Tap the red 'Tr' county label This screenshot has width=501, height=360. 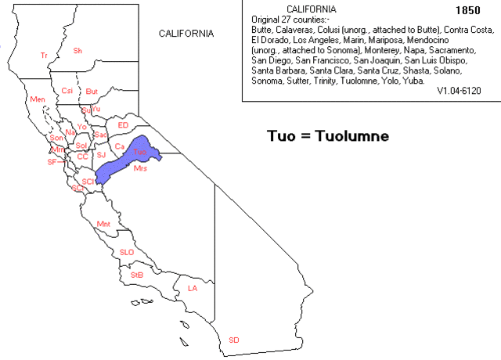click(44, 56)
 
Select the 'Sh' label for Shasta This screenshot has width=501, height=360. click(77, 51)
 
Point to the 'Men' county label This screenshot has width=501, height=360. click(37, 100)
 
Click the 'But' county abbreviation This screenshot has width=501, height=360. click(92, 91)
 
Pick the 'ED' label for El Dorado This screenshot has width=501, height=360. click(122, 125)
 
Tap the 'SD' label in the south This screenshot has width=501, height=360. click(233, 340)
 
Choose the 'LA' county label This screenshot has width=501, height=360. click(193, 288)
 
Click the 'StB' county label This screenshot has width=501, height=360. click(136, 275)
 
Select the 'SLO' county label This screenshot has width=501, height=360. click(126, 252)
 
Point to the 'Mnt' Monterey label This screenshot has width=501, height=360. click(103, 225)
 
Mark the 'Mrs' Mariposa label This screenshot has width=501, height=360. click(140, 168)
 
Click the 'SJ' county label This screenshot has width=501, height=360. click(101, 155)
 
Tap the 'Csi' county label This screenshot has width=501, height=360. click(67, 91)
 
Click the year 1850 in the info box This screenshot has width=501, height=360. click(467, 11)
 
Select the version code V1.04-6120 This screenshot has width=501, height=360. click(459, 91)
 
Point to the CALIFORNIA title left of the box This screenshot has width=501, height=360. click(186, 34)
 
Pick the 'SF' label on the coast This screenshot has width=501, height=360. click(52, 162)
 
